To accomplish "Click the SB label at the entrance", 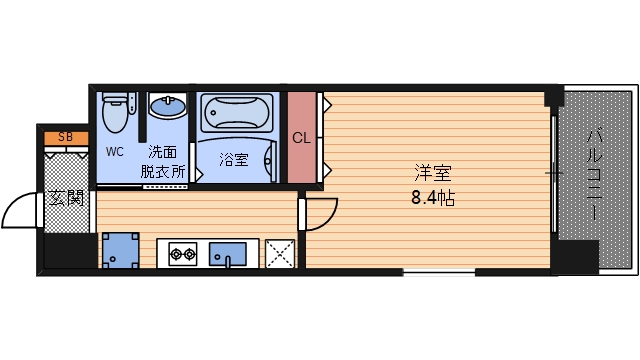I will tap(65, 137).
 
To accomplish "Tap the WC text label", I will tap(115, 152).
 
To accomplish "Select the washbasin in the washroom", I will tap(168, 105).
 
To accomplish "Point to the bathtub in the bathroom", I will tap(239, 113).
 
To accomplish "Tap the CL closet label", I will tap(301, 138).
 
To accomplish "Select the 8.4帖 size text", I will tap(433, 197).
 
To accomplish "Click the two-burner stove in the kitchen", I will tap(183, 254).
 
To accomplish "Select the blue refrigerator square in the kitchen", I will tap(120, 250).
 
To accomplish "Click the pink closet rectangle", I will tap(301, 138).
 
